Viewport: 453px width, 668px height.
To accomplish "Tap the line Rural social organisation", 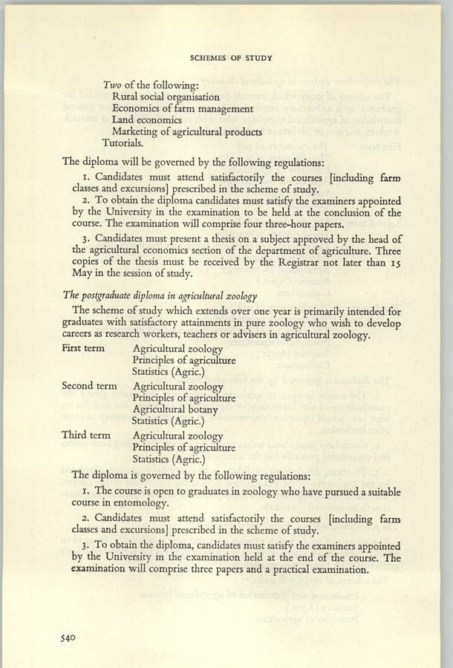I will pyautogui.click(x=165, y=96).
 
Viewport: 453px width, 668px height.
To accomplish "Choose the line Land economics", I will pyautogui.click(x=146, y=120).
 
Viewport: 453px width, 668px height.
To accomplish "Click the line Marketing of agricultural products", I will pyautogui.click(x=186, y=132).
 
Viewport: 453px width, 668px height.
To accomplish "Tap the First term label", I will pyautogui.click(x=83, y=348).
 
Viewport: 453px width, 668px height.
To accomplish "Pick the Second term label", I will pyautogui.click(x=89, y=386).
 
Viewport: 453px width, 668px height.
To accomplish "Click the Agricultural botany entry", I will pyautogui.click(x=175, y=410).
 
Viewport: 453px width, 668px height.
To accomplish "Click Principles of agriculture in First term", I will pyautogui.click(x=184, y=361).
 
